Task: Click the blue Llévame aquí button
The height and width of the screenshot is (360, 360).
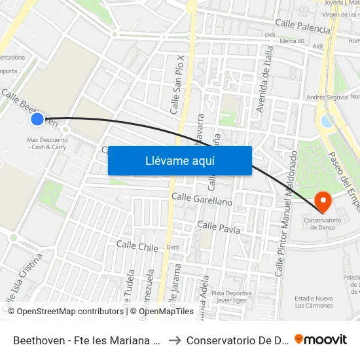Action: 179,160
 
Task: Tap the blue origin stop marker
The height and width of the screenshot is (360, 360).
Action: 37,119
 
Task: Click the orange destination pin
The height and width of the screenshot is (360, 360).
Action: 323,201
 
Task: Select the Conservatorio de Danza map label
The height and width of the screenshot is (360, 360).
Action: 323,223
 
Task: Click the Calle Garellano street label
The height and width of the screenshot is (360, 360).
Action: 202,199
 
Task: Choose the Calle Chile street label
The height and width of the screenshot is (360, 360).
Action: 137,247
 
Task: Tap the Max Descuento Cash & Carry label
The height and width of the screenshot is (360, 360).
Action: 46,143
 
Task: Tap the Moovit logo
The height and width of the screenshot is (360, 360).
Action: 321,339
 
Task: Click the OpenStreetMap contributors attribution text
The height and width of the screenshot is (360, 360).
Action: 65,312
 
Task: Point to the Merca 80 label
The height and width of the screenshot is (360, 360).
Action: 292,41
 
